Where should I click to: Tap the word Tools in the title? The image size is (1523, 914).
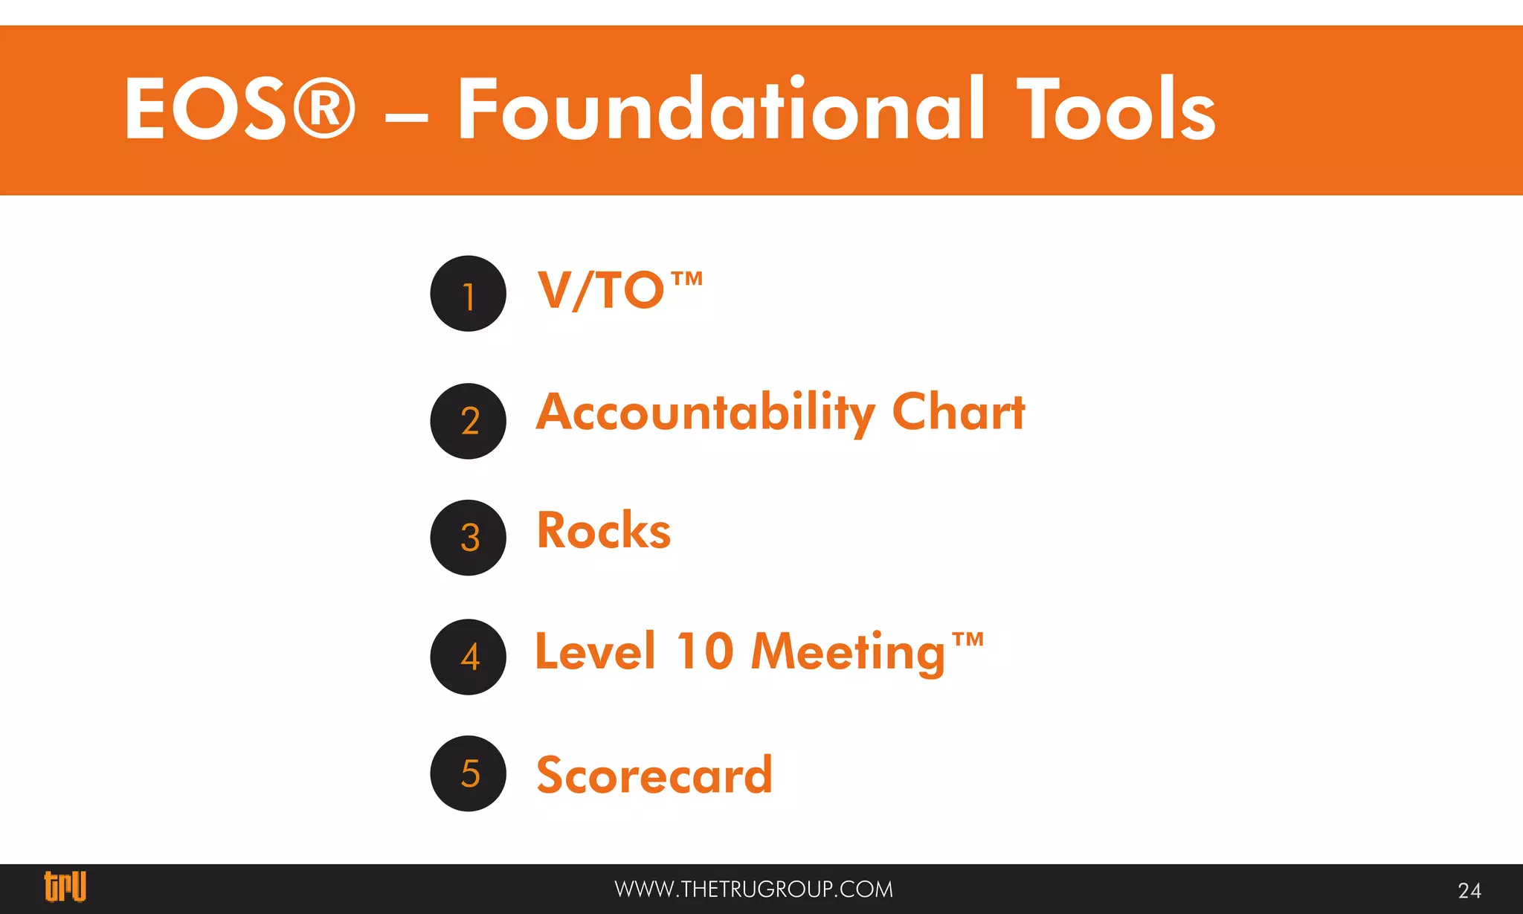tap(1116, 109)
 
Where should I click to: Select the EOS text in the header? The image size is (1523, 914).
tap(205, 109)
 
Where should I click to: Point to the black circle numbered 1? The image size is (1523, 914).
tap(469, 294)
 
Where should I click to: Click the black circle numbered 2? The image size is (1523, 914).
tap(469, 421)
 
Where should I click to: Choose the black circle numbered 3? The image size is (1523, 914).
tap(469, 538)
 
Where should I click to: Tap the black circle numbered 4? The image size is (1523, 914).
tap(469, 657)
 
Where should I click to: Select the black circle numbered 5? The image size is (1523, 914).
tap(469, 773)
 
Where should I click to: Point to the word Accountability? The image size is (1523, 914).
tap(706, 413)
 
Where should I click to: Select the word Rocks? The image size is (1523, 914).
tap(604, 531)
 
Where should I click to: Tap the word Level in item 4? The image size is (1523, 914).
tap(596, 651)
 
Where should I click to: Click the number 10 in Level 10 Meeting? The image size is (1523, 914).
tap(705, 651)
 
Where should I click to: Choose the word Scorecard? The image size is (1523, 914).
tap(654, 775)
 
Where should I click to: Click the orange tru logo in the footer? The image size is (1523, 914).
tap(65, 886)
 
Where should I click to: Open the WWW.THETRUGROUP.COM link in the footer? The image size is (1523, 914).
tap(753, 889)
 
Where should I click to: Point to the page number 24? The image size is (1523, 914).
tap(1469, 890)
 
